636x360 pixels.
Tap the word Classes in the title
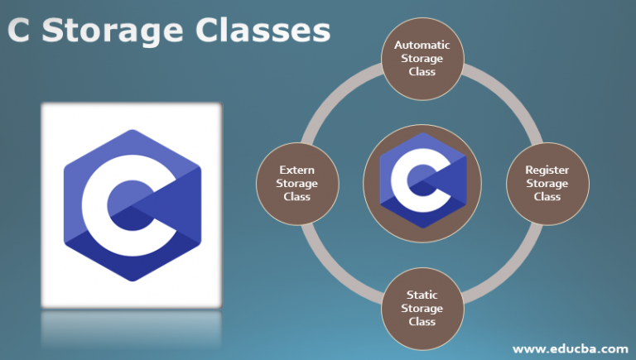[x=263, y=31]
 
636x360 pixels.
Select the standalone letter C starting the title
[x=19, y=31]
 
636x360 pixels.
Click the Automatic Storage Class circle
[x=422, y=59]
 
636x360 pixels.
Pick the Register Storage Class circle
[x=547, y=184]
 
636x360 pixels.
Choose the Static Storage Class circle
[x=422, y=309]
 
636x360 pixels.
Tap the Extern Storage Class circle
[x=297, y=184]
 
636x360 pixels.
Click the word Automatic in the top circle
[x=422, y=45]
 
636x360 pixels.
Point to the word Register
[x=547, y=170]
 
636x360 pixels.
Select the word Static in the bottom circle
[x=422, y=295]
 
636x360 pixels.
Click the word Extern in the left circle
[x=297, y=170]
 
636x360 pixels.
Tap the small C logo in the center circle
[x=422, y=180]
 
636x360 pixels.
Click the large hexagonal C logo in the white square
[x=132, y=205]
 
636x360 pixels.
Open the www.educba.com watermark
[x=571, y=349]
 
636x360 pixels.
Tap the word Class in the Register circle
[x=547, y=197]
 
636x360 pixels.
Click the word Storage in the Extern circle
[x=297, y=184]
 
